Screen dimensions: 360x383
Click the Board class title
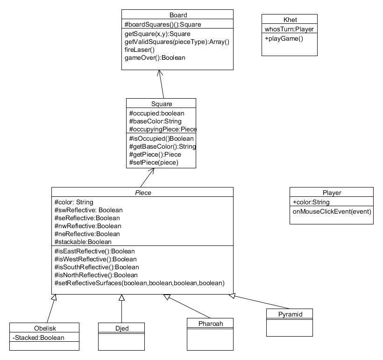pos(177,15)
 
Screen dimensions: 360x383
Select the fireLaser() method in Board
pos(140,50)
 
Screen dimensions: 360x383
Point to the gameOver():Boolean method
pos(155,58)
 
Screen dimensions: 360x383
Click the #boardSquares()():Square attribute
pos(163,24)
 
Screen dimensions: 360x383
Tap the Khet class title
pos(289,20)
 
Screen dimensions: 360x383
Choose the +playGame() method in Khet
pos(284,38)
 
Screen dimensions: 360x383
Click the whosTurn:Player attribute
pos(289,29)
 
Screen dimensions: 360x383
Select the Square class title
pos(161,104)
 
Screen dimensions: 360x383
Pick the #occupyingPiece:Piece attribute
pos(163,129)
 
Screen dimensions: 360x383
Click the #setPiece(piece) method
pos(154,163)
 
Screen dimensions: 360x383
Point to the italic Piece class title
pos(142,193)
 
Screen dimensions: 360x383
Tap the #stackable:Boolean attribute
pos(83,242)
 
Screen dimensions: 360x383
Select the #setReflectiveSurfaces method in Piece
pos(139,283)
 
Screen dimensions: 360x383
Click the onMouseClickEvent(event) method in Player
pos(332,211)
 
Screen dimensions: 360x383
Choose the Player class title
pos(332,193)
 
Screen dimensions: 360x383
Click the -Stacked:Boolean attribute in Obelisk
pos(38,338)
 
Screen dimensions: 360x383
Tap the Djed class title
pos(121,328)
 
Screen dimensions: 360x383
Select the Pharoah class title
pos(210,324)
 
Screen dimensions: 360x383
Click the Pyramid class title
pos(289,314)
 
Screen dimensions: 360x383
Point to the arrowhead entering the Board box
pos(159,73)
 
